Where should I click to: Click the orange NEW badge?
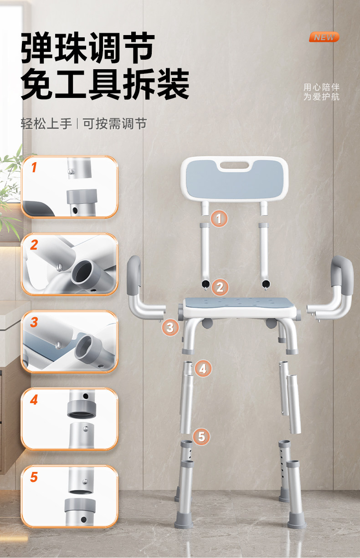point(324,37)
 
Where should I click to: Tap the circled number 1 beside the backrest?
point(219,219)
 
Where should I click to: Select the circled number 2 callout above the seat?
point(220,287)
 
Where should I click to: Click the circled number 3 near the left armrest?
point(170,328)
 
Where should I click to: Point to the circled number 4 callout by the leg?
point(203,369)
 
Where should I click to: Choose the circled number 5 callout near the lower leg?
point(201,437)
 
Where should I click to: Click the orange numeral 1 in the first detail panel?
point(34,167)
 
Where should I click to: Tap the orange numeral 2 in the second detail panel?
point(34,245)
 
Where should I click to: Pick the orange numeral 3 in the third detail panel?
point(34,322)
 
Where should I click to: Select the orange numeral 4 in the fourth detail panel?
point(34,399)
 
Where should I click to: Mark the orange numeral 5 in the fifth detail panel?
point(34,477)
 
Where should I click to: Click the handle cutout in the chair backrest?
point(234,165)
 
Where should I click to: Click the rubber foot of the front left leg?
point(184,520)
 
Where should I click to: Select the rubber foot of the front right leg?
point(297,520)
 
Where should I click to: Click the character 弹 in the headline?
point(36,47)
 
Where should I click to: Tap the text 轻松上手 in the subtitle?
point(46,123)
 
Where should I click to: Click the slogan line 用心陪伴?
point(321,87)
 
